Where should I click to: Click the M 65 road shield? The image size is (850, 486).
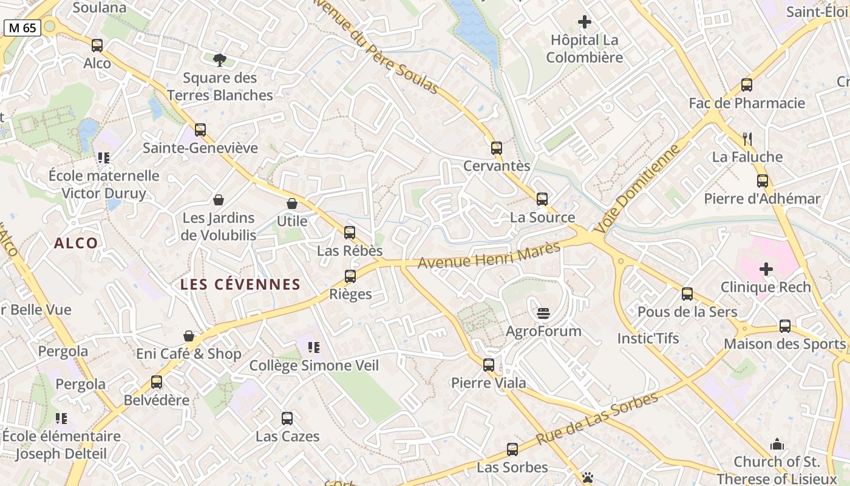tap(22, 27)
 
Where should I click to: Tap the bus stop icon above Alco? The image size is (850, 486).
tap(97, 46)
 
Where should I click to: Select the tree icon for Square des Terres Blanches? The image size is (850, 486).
tap(220, 60)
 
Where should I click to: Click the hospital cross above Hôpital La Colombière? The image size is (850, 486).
tap(585, 22)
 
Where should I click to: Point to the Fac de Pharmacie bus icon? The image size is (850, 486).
tap(747, 85)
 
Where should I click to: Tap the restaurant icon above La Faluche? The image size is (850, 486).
tap(747, 139)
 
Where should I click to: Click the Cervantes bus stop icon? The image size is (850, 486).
tap(497, 148)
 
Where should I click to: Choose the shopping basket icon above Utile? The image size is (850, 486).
tap(292, 204)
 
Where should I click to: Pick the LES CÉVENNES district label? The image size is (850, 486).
tap(240, 284)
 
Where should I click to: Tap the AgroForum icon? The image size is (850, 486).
tap(543, 313)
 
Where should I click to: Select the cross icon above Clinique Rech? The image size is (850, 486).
tap(766, 269)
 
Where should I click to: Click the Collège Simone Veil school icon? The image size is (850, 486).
tap(314, 347)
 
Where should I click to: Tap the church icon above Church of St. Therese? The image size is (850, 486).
tap(777, 445)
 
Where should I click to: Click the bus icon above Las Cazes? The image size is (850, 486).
tap(287, 419)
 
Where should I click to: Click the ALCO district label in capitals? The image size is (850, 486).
tap(76, 243)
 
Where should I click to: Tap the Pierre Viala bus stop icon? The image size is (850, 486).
tap(489, 365)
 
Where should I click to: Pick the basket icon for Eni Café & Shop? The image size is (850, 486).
tap(189, 336)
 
